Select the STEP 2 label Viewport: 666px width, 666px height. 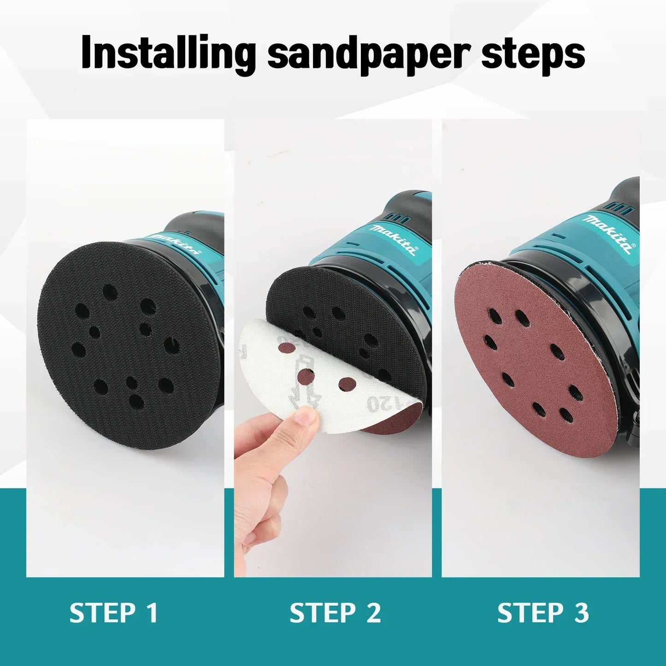point(335,613)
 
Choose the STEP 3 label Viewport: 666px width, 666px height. point(543,613)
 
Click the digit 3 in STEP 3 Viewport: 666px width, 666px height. point(582,613)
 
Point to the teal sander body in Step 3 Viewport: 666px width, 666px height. point(585,258)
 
